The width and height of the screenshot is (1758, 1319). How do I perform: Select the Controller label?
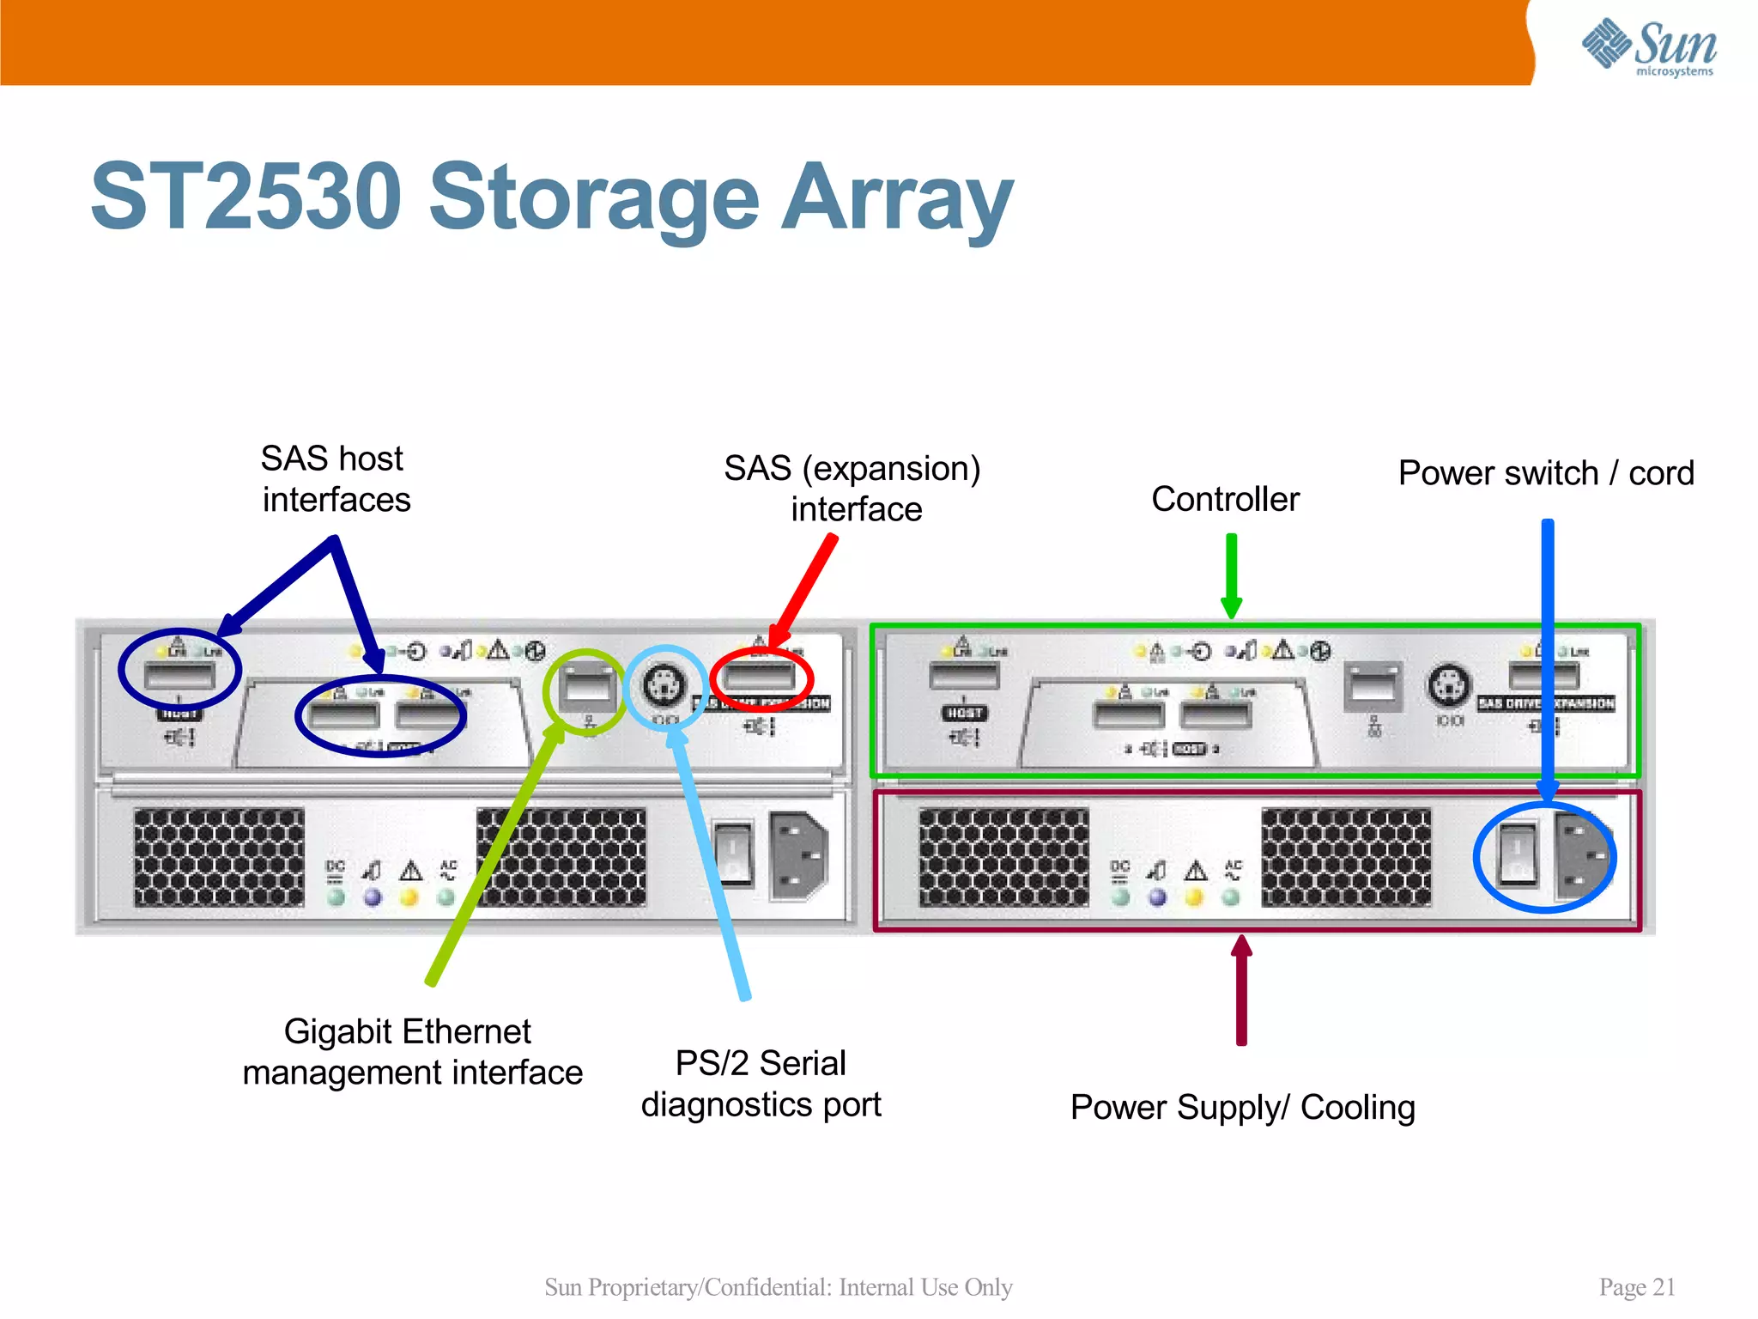point(1225,499)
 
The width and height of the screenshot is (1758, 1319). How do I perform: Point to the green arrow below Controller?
point(1231,575)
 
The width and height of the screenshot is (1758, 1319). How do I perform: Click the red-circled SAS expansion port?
point(761,678)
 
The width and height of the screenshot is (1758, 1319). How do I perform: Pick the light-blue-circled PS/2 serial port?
point(664,685)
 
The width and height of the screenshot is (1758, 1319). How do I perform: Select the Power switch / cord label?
point(1545,473)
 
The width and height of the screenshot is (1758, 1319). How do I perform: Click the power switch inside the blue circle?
point(1517,853)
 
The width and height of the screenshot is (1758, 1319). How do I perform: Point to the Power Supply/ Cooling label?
point(1242,1107)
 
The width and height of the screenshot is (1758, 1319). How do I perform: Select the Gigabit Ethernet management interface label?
point(412,1052)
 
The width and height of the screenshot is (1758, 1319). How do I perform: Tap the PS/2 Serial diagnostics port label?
point(761,1084)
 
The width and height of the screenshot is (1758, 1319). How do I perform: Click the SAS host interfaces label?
point(335,479)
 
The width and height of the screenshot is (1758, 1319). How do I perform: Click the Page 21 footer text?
point(1636,1286)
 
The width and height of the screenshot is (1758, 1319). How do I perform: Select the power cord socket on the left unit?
point(798,854)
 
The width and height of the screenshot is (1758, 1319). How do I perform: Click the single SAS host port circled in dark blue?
point(179,676)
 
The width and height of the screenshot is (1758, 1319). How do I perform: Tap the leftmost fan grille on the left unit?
point(219,857)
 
